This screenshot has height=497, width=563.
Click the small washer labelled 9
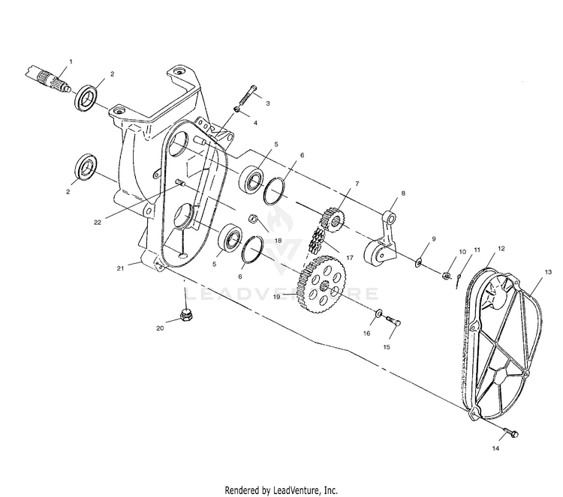418,262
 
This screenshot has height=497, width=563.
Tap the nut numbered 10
448,275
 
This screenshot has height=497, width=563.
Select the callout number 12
501,247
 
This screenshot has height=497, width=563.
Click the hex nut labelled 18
254,219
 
